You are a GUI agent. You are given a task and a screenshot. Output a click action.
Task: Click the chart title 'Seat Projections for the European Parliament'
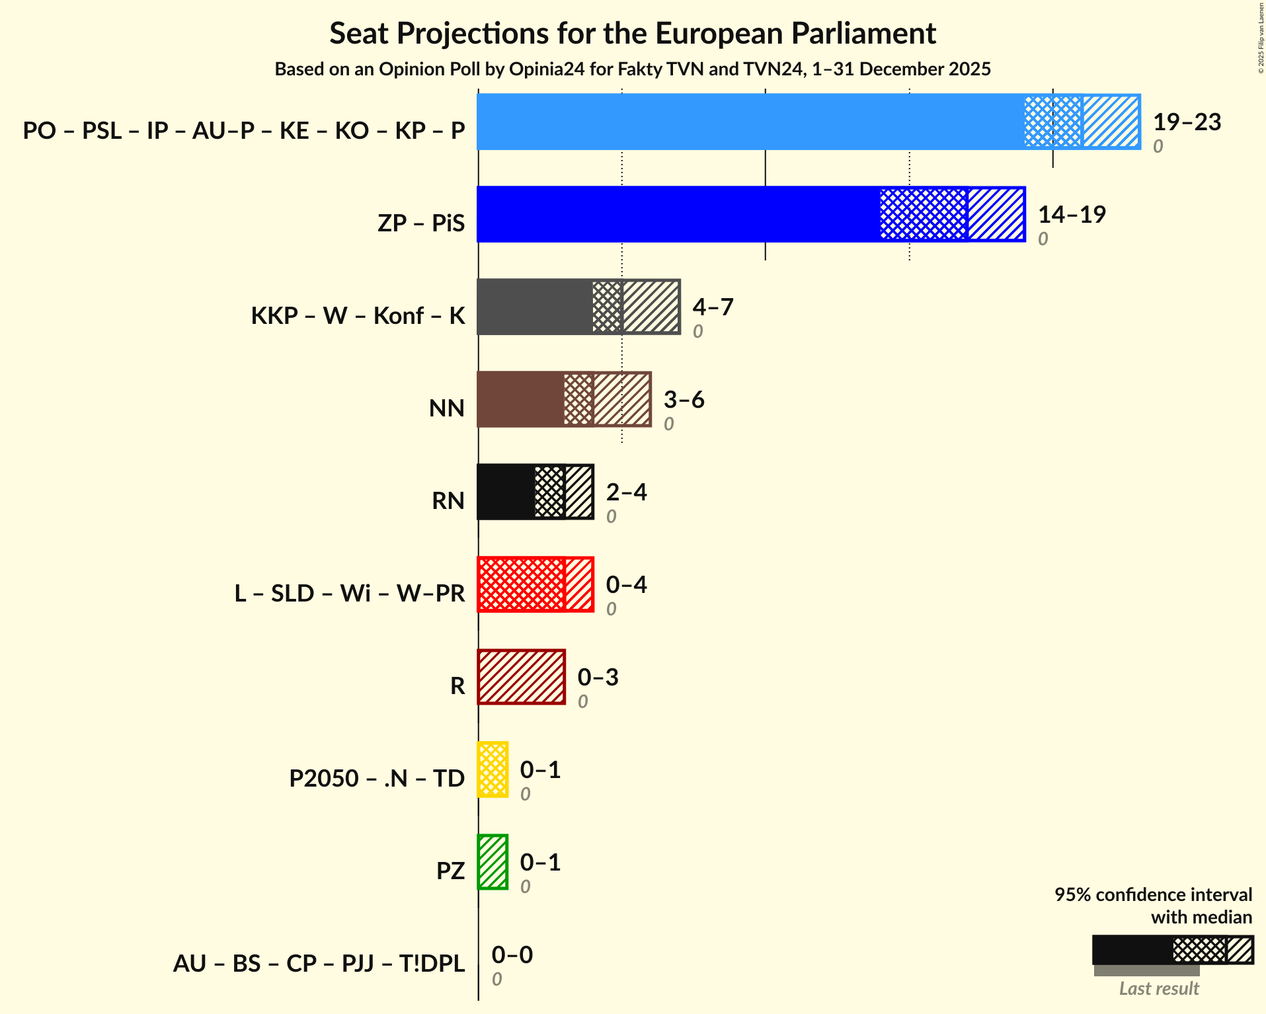[633, 33]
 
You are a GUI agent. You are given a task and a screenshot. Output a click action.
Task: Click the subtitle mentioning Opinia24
[633, 69]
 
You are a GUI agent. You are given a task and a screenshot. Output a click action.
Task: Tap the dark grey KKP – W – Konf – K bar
[535, 307]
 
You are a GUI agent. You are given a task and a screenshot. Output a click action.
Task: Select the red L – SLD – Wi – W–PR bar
[521, 584]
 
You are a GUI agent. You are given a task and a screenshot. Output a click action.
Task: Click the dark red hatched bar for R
[521, 677]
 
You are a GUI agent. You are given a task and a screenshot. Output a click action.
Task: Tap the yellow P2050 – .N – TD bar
[493, 769]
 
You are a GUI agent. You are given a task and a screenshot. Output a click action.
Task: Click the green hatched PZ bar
[493, 862]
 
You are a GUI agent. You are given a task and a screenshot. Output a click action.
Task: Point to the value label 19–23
[1187, 122]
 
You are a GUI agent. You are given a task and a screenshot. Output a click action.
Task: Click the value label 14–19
[1072, 215]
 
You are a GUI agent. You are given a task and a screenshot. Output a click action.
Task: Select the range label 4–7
[713, 307]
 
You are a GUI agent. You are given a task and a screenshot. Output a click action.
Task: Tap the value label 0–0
[512, 955]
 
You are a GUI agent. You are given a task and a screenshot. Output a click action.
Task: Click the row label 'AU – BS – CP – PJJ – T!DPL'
[319, 964]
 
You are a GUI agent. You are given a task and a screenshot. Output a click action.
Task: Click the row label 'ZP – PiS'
[421, 223]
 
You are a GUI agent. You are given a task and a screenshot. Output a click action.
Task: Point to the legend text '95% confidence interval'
[1152, 895]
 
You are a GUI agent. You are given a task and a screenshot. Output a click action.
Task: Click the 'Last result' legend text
[1158, 989]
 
